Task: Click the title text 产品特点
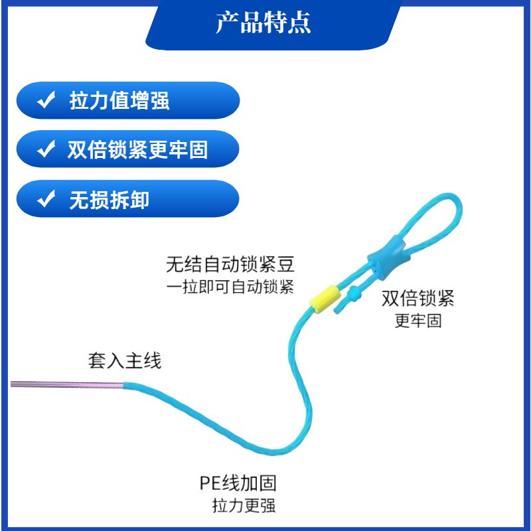(x=263, y=23)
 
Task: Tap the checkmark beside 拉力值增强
(x=46, y=101)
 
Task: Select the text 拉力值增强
(x=119, y=101)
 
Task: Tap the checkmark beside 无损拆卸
(x=46, y=199)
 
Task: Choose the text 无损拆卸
(x=110, y=199)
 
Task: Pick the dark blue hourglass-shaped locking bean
(x=384, y=256)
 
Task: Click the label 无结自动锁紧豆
(x=230, y=265)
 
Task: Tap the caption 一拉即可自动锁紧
(x=230, y=287)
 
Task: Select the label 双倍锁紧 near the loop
(x=417, y=298)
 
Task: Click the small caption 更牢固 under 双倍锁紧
(x=417, y=321)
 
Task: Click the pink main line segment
(x=66, y=385)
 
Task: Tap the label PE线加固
(x=238, y=483)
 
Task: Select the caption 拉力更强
(x=244, y=505)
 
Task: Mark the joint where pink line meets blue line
(x=123, y=385)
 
